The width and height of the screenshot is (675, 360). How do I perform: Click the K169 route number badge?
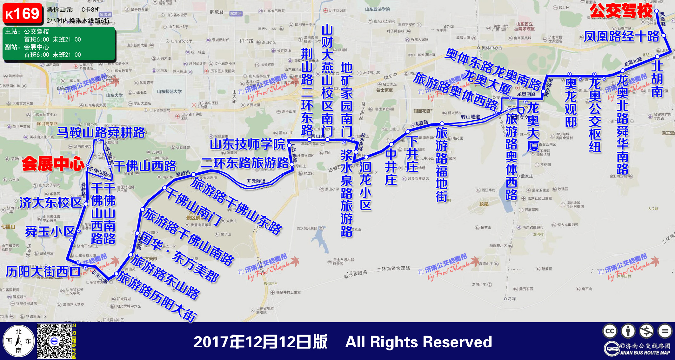[23, 14]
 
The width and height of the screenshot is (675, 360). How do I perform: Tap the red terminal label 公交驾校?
[621, 11]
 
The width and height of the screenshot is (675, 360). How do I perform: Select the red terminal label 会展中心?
[53, 164]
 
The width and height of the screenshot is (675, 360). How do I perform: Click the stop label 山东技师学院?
[247, 144]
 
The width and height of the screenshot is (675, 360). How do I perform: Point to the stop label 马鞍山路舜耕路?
[101, 132]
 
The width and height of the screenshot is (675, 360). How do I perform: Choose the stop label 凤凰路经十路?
[622, 37]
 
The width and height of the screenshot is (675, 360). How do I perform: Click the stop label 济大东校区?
[51, 203]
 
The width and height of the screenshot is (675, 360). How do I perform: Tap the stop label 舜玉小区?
[50, 231]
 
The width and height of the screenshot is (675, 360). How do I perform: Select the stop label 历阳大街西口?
[43, 272]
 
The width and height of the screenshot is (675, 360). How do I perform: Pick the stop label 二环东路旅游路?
[245, 163]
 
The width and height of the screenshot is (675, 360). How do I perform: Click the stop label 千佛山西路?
[145, 166]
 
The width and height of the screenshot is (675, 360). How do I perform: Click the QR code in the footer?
[54, 341]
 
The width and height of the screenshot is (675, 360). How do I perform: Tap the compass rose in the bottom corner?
[18, 341]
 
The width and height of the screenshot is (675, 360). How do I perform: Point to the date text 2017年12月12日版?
[260, 342]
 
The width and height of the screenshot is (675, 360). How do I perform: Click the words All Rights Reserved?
[418, 342]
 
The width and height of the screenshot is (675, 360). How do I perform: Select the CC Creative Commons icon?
[610, 331]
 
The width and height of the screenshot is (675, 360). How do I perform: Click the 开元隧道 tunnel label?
[256, 181]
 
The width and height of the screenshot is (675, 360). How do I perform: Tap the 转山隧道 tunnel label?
[471, 117]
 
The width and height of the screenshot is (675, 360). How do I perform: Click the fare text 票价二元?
[60, 10]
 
